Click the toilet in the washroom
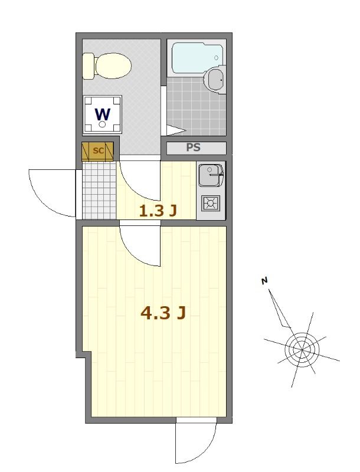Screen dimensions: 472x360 click(x=112, y=65)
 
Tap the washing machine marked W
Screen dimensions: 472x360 click(x=103, y=114)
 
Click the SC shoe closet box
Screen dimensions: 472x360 click(x=97, y=151)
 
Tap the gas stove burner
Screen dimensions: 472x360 click(x=210, y=204)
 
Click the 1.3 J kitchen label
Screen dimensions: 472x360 click(x=158, y=211)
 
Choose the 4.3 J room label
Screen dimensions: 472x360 click(x=163, y=313)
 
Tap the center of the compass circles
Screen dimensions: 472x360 click(x=302, y=349)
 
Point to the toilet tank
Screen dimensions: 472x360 click(x=89, y=65)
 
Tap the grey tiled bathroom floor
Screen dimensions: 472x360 click(x=195, y=106)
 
